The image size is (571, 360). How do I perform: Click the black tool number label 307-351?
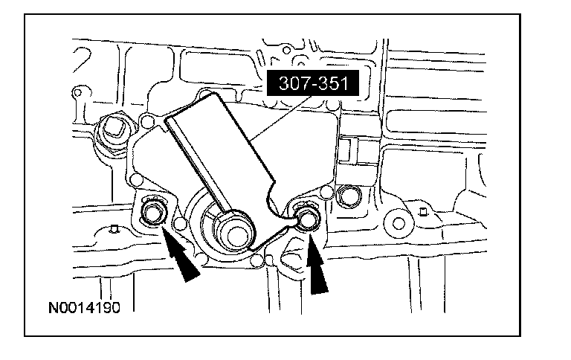click(313, 83)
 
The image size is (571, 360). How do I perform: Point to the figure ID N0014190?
click(84, 308)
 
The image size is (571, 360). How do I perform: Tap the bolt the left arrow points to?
click(152, 213)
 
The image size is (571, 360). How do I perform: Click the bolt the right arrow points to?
click(306, 219)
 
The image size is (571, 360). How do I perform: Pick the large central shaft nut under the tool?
click(232, 233)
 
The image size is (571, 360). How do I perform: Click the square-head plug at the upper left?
click(114, 130)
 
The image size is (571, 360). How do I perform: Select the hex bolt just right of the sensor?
click(348, 196)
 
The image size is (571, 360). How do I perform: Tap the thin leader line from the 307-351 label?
click(282, 118)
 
